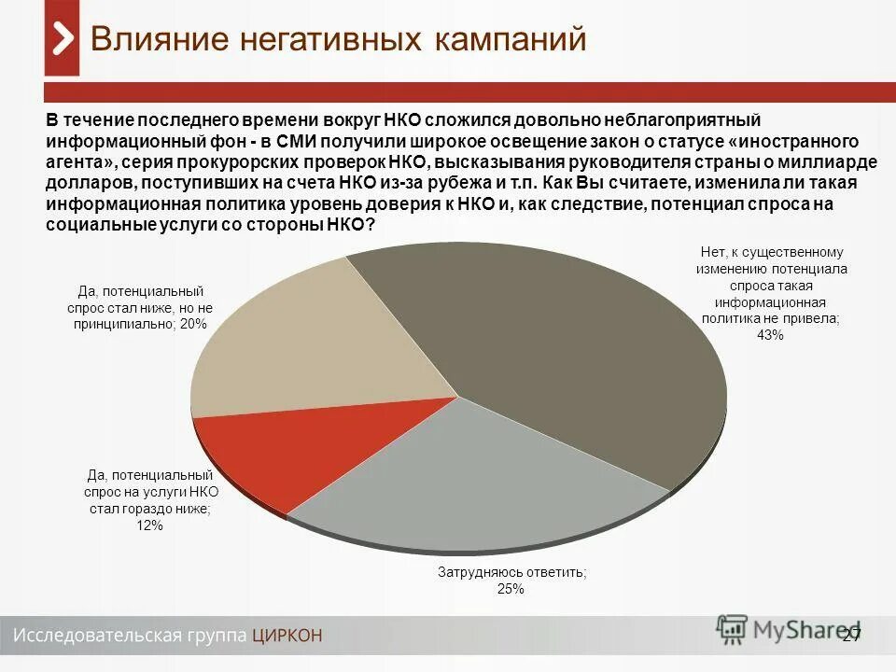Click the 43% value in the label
770,335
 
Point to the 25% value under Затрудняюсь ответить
511,589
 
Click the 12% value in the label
149,525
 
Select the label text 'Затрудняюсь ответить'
511,572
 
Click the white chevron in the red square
62,38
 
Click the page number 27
850,636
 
